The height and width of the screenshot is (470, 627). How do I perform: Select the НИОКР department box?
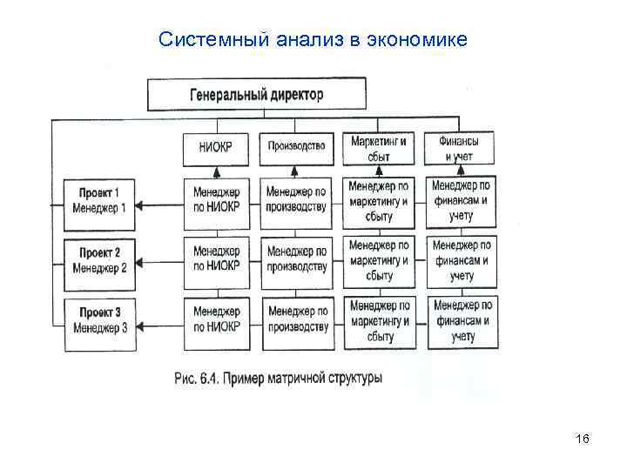(216, 148)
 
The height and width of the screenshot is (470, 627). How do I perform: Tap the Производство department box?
(296, 147)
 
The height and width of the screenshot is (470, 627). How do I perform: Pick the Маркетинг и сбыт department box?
(378, 148)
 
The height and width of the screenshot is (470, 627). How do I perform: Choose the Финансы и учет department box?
(460, 148)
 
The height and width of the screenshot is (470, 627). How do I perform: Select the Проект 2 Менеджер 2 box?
(100, 261)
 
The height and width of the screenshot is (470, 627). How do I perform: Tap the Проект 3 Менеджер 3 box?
(100, 322)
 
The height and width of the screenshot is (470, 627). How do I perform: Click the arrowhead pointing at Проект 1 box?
(143, 206)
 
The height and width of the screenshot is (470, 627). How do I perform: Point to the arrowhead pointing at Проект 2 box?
(143, 262)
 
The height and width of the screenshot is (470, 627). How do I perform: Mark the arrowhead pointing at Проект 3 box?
(143, 327)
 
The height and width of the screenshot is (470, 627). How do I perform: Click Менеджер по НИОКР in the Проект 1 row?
(216, 200)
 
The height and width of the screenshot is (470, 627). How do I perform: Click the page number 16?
(583, 439)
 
